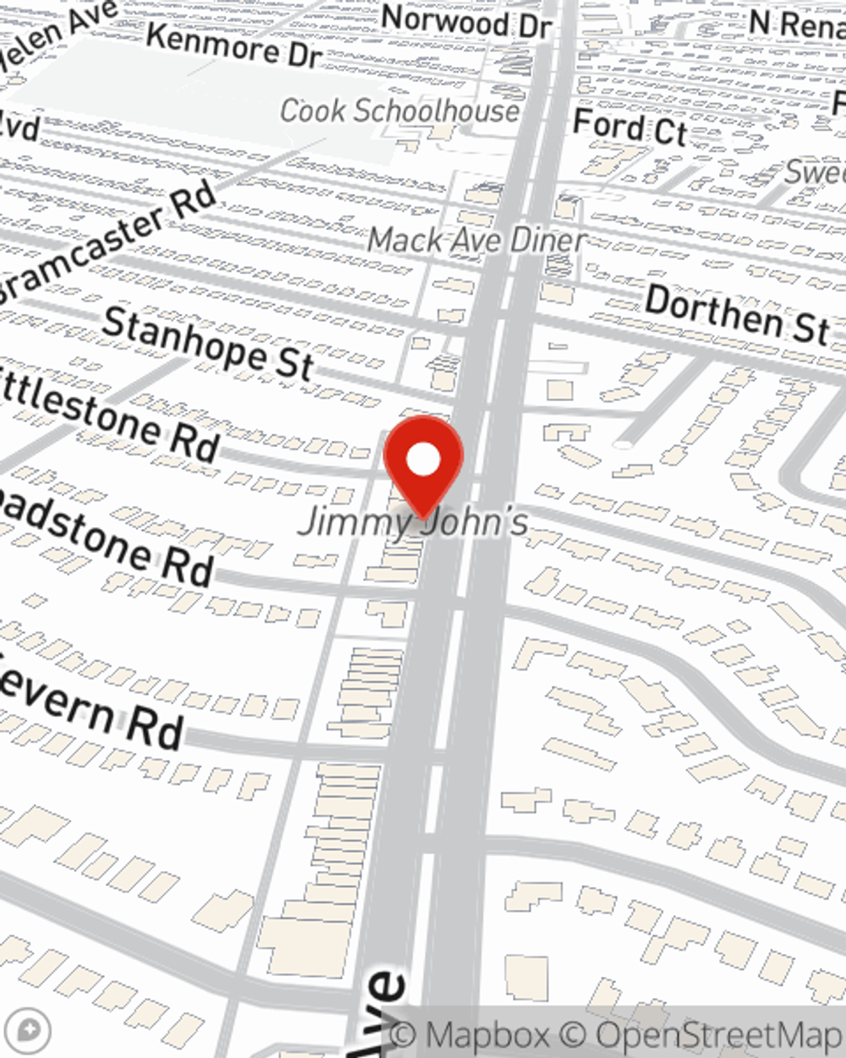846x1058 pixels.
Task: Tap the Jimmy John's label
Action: point(415,521)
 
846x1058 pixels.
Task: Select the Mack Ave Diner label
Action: point(476,240)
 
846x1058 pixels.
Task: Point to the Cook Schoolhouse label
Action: point(399,111)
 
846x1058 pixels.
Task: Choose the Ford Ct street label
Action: point(629,128)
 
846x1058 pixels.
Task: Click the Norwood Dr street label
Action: point(466,21)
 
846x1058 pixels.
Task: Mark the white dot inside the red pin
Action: point(423,460)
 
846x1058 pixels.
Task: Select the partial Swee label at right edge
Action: point(816,173)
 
